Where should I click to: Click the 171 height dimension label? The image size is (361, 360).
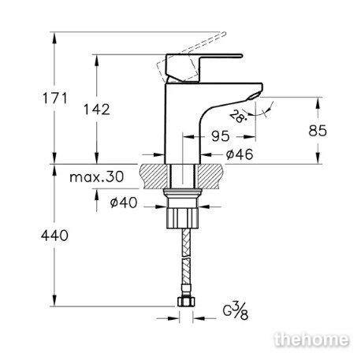click(x=55, y=98)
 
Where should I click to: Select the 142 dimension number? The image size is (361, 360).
click(x=97, y=109)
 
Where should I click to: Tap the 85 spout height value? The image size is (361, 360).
click(x=318, y=131)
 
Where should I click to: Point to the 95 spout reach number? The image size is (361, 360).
click(x=220, y=136)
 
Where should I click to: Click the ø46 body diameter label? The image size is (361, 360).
click(x=240, y=154)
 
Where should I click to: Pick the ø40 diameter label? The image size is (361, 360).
click(x=124, y=202)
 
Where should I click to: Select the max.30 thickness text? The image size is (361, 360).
click(x=97, y=177)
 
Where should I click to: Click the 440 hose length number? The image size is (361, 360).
click(x=54, y=236)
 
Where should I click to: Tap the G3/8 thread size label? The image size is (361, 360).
click(x=236, y=311)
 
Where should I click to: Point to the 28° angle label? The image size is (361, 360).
click(x=238, y=117)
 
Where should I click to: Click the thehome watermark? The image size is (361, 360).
click(x=311, y=340)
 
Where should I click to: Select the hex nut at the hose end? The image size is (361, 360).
click(x=186, y=302)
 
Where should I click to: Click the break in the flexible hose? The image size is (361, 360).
click(x=186, y=258)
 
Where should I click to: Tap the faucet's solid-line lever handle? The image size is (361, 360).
click(x=204, y=67)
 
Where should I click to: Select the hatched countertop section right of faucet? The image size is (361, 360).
click(x=210, y=176)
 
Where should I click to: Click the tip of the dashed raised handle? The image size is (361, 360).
click(x=224, y=33)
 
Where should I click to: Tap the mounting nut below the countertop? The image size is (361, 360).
click(x=183, y=209)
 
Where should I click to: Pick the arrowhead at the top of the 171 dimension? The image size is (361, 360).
click(x=54, y=38)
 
